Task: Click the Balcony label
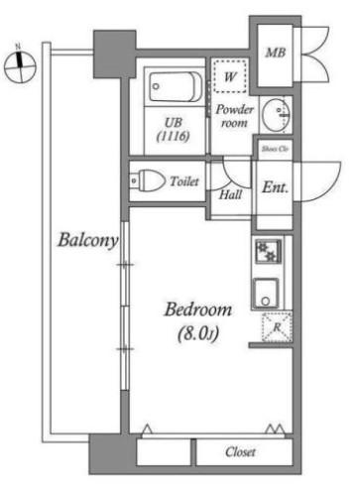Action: pyautogui.click(x=88, y=240)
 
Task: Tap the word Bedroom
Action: pyautogui.click(x=198, y=309)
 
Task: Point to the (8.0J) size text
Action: pyautogui.click(x=198, y=333)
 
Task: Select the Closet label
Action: pyautogui.click(x=240, y=451)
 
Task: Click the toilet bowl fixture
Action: pyautogui.click(x=148, y=181)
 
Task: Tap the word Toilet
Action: pyautogui.click(x=184, y=182)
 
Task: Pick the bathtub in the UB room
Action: pyautogui.click(x=175, y=86)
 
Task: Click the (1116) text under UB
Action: pyautogui.click(x=174, y=136)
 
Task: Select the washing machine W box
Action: pyautogui.click(x=230, y=76)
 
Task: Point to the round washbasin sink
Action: pyautogui.click(x=276, y=114)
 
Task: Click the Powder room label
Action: pyautogui.click(x=234, y=116)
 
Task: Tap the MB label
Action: pyautogui.click(x=276, y=53)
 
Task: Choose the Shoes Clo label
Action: pyautogui.click(x=275, y=149)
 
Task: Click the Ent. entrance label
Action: pyautogui.click(x=275, y=187)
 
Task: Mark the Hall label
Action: pyautogui.click(x=231, y=194)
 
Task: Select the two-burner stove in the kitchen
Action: pyautogui.click(x=268, y=251)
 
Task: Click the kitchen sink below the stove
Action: pyautogui.click(x=266, y=294)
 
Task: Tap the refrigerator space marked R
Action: pyautogui.click(x=277, y=327)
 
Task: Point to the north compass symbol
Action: pyautogui.click(x=20, y=64)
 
